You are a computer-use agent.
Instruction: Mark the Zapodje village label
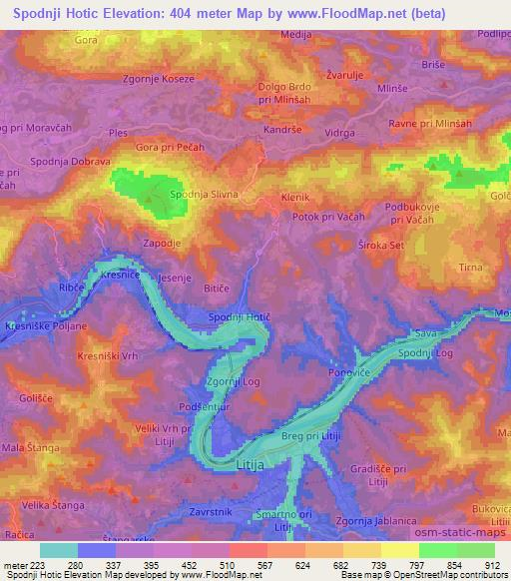(x=162, y=242)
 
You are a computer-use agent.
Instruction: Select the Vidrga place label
(x=339, y=132)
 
